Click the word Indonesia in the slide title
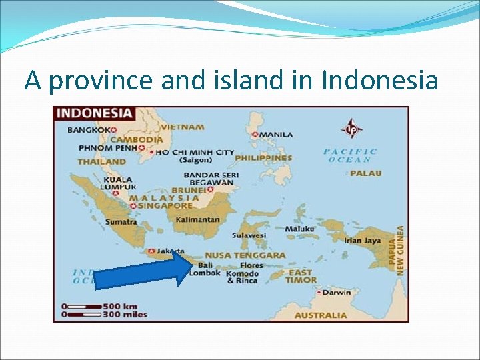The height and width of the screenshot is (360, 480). (x=379, y=81)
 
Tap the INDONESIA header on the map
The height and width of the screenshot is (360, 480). (x=94, y=114)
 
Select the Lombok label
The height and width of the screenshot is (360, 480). (x=205, y=273)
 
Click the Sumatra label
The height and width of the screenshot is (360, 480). (x=119, y=221)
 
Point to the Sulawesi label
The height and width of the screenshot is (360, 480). (x=249, y=235)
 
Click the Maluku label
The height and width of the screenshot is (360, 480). (x=299, y=229)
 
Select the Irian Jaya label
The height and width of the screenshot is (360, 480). (x=363, y=240)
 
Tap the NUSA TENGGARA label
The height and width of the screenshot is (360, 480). (x=245, y=255)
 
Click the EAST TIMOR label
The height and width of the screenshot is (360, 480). (x=302, y=276)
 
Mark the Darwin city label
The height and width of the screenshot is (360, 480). (x=339, y=292)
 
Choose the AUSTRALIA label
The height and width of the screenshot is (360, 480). (x=321, y=315)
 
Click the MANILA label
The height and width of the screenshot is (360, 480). (x=276, y=134)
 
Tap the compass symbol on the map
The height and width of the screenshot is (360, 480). (x=351, y=128)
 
